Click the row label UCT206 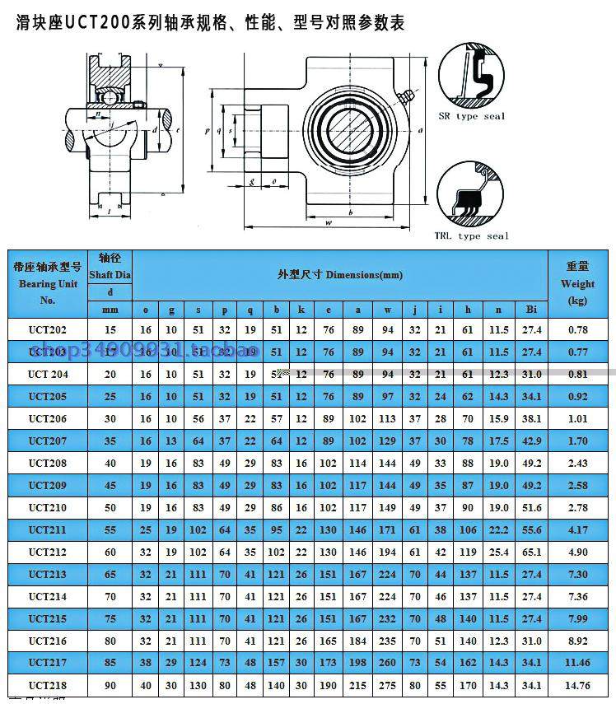pyautogui.click(x=48, y=418)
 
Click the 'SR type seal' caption pyautogui.click(x=471, y=116)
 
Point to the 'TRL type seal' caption pyautogui.click(x=471, y=236)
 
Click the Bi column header pyautogui.click(x=531, y=310)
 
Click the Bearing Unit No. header pyautogui.click(x=48, y=283)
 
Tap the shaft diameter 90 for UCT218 pyautogui.click(x=110, y=685)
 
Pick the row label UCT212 pyautogui.click(x=48, y=552)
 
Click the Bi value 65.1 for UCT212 pyautogui.click(x=531, y=552)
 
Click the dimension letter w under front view pyautogui.click(x=329, y=222)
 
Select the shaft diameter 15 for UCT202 pyautogui.click(x=110, y=329)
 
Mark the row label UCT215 pyautogui.click(x=48, y=618)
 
